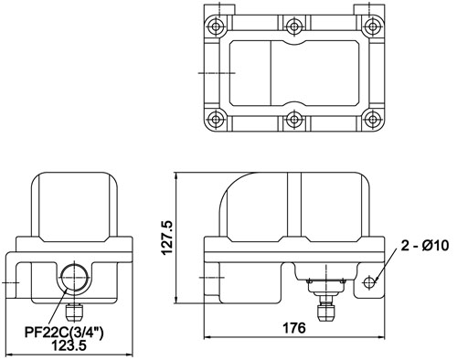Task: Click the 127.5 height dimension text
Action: point(167,238)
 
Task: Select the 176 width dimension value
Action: point(294,328)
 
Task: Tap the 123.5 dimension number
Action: point(69,345)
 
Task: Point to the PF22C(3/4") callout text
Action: point(64,333)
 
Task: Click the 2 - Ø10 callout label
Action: point(425,246)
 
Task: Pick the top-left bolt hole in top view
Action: point(216,26)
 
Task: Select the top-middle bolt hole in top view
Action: point(294,26)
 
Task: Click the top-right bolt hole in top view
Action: point(372,26)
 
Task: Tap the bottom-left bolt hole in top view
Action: point(216,119)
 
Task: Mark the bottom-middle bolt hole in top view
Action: point(294,119)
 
